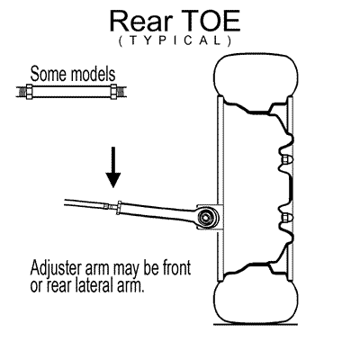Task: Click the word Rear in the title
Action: point(141,22)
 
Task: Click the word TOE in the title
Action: point(211,22)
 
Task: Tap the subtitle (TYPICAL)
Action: point(175,40)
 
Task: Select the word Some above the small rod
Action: point(47,74)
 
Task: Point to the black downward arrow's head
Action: point(113,180)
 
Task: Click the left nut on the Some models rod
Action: point(30,92)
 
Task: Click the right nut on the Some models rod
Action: point(114,92)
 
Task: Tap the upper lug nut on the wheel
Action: point(284,160)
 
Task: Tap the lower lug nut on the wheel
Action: point(284,217)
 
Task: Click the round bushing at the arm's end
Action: point(207,216)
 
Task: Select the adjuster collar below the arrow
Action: point(119,207)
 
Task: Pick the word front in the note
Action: point(176,267)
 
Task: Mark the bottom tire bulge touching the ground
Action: point(256,301)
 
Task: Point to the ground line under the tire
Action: point(256,324)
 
